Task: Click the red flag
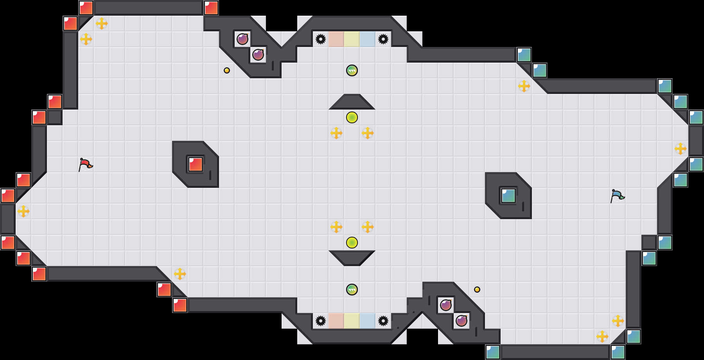click(x=85, y=164)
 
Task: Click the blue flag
click(x=617, y=196)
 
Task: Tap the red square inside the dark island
click(x=196, y=164)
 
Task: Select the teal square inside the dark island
click(x=508, y=196)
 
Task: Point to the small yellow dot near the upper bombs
click(x=227, y=70)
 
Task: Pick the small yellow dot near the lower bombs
click(x=477, y=290)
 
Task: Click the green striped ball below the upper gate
click(x=352, y=70)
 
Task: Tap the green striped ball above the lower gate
click(x=352, y=290)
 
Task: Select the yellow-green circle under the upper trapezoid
click(x=352, y=117)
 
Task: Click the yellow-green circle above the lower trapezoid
click(x=352, y=243)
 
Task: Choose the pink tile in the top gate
click(x=336, y=39)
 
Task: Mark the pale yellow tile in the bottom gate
click(x=352, y=321)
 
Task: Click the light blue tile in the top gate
click(x=368, y=39)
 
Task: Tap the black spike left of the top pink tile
click(x=321, y=39)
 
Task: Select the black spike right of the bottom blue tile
click(x=383, y=321)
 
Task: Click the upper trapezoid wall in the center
click(x=352, y=103)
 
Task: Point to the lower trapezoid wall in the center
click(x=352, y=257)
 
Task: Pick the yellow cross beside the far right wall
click(x=681, y=149)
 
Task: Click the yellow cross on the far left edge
click(x=23, y=211)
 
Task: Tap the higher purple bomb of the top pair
click(x=242, y=39)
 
